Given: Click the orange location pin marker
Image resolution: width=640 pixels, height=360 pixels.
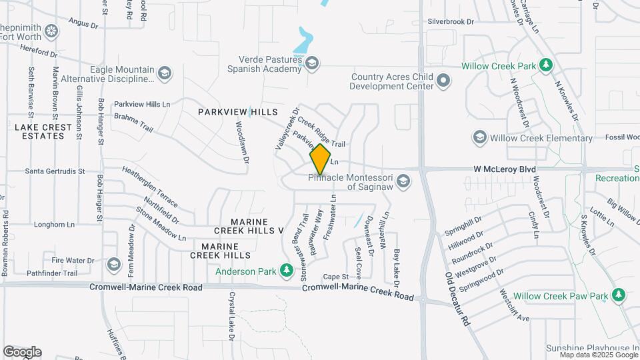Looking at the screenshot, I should (321, 159).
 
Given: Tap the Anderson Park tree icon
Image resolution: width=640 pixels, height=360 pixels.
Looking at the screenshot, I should (286, 271).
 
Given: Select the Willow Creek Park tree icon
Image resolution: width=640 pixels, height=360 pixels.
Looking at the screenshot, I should (546, 65).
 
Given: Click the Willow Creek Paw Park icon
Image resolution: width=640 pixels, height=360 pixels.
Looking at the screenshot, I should (619, 295).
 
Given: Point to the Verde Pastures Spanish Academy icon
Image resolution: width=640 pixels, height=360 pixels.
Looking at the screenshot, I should (311, 63).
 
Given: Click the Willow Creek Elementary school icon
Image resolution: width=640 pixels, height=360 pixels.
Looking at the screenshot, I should (479, 138).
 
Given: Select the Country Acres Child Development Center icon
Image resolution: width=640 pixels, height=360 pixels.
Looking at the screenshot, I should (443, 81).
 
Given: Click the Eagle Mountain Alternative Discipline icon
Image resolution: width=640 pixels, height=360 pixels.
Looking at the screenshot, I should (165, 73).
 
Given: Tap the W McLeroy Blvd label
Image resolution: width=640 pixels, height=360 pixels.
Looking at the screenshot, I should (505, 169).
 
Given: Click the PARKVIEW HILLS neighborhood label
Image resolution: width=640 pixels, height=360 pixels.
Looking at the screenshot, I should (229, 112).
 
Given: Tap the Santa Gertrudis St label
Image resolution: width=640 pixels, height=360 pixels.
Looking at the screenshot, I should (55, 171).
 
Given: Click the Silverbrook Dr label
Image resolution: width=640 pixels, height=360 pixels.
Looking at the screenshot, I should (451, 21).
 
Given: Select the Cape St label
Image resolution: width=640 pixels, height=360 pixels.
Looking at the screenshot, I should (336, 277).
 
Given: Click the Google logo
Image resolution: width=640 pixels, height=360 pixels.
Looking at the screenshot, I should (22, 352).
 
